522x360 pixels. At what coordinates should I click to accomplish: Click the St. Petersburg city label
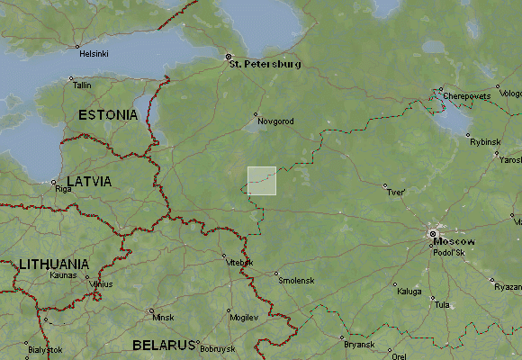coord(265,64)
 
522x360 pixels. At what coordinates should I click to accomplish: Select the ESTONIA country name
coord(108,114)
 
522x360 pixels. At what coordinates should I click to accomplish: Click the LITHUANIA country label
coord(54,264)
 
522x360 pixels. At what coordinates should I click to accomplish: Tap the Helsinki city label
coord(94,53)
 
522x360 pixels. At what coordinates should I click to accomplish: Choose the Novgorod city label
coord(276,121)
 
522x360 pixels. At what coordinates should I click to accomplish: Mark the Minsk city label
coord(163,318)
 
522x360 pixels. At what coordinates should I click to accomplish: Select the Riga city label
coord(63,189)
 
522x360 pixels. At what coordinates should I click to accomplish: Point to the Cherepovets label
coord(465,94)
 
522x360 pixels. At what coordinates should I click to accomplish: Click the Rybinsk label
coord(483,141)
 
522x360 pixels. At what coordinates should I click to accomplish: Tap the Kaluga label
coord(409,292)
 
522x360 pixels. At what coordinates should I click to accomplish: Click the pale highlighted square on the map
coord(262,180)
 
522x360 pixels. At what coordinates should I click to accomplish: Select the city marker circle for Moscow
coord(433,234)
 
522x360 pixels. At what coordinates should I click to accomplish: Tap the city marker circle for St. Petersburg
coord(228,57)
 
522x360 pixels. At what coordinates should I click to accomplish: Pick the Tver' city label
coord(395,193)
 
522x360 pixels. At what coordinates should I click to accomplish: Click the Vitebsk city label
coord(241,263)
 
